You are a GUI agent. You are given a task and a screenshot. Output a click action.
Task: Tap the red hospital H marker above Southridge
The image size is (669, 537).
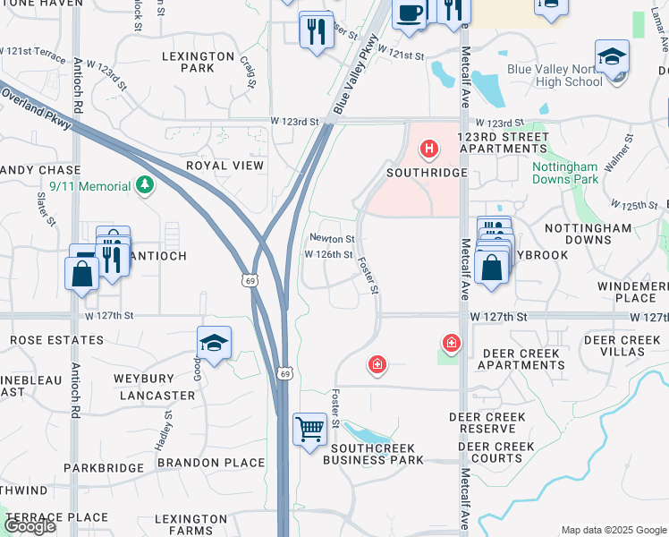[x=429, y=148]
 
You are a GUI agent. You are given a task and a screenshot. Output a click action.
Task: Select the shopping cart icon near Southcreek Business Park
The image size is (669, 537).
[x=309, y=430]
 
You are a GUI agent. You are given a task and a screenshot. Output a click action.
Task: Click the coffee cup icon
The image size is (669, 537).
[x=410, y=13]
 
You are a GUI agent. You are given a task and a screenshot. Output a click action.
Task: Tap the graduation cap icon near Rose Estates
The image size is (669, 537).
[x=214, y=343]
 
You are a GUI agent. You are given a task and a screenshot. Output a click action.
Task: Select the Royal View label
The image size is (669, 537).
[x=224, y=166]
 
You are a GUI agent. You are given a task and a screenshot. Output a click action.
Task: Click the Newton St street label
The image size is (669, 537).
[x=333, y=239]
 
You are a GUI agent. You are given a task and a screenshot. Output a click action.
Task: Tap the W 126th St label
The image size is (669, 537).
[x=328, y=255]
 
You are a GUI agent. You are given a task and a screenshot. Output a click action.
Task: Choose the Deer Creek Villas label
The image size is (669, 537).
[x=627, y=345]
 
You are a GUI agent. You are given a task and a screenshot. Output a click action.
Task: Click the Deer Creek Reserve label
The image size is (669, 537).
[x=487, y=423]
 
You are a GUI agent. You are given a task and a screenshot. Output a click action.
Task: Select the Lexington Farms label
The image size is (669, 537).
[x=191, y=524]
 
